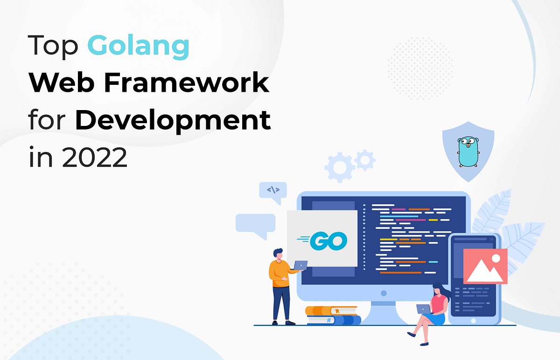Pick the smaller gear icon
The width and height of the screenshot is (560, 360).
[x=364, y=160]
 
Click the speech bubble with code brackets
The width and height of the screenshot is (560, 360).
[x=273, y=191]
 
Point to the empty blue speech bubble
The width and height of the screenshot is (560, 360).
[x=255, y=224]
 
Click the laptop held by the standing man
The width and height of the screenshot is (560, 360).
[x=299, y=265]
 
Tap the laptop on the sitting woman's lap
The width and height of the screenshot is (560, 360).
[x=424, y=309]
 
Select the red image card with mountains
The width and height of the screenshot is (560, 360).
[x=485, y=266]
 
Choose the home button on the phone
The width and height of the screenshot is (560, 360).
[x=474, y=320]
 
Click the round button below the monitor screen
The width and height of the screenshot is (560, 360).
[x=384, y=293]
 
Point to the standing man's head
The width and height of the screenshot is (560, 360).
[x=278, y=254]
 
